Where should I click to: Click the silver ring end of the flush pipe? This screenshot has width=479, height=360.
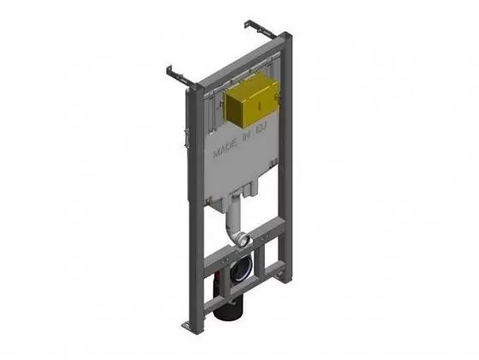244,241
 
